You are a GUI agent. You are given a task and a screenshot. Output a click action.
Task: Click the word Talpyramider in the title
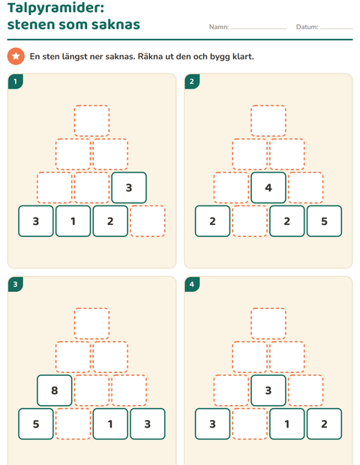(x=55, y=8)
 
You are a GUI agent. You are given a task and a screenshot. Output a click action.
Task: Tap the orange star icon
(x=16, y=56)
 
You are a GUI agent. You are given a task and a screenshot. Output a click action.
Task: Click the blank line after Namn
(x=259, y=28)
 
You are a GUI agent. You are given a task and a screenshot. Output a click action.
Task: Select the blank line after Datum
(x=336, y=28)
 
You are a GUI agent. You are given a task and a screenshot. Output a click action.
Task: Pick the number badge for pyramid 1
(x=16, y=82)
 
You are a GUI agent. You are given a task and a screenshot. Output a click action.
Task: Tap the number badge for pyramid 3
(x=16, y=284)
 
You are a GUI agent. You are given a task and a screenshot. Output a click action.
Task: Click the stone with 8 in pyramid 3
(x=55, y=390)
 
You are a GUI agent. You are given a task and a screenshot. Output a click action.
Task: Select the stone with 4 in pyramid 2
(x=268, y=187)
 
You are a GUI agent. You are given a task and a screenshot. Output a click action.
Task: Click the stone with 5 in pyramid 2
(x=325, y=221)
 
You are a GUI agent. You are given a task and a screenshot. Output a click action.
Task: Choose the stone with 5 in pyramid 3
(x=36, y=424)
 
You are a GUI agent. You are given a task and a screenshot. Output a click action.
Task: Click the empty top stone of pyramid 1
(x=92, y=121)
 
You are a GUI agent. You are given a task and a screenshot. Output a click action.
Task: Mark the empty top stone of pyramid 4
(x=268, y=323)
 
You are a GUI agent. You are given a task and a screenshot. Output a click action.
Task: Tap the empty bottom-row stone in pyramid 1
(x=148, y=221)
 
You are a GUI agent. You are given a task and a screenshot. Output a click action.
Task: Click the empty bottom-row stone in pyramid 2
(x=250, y=221)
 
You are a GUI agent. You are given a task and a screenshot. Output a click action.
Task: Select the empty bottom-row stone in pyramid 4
(x=250, y=424)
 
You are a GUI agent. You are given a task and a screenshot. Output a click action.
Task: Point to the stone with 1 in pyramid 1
(x=73, y=221)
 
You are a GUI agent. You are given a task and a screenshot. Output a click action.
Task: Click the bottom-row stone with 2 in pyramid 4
(x=325, y=424)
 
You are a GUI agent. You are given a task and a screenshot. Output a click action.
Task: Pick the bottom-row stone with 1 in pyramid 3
(x=110, y=424)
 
